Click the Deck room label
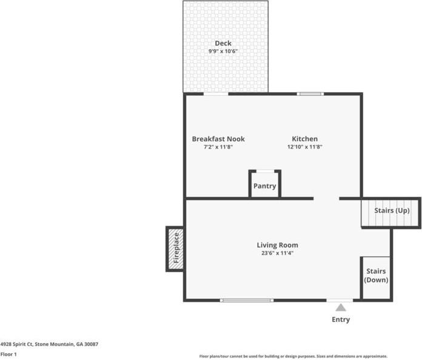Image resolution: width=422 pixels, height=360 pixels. (223, 43)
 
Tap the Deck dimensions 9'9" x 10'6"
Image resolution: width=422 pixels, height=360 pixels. (223, 52)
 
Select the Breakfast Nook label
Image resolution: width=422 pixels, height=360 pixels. (218, 139)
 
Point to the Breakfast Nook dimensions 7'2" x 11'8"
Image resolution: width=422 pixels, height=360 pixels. (218, 147)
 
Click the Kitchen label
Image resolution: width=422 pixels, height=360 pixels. (304, 139)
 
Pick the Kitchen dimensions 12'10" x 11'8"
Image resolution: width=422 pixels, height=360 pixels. (304, 147)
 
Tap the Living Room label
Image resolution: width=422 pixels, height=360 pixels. (277, 245)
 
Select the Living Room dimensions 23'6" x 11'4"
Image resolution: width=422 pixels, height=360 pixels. (277, 253)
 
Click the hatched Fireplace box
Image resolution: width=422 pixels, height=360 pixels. (175, 248)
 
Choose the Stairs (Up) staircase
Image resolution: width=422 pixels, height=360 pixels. (391, 212)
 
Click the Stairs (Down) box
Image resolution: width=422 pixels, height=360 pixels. (376, 277)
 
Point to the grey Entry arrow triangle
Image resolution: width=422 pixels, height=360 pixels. (341, 308)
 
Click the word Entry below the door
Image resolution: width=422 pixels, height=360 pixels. (341, 319)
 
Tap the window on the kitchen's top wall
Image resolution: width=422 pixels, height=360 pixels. (309, 94)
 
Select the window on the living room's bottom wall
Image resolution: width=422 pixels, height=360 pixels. (246, 300)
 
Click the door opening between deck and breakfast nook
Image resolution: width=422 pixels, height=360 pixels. (215, 94)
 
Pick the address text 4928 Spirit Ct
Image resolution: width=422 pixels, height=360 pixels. (49, 344)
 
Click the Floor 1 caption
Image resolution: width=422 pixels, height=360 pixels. (8, 354)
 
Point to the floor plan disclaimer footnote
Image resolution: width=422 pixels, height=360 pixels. (293, 356)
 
